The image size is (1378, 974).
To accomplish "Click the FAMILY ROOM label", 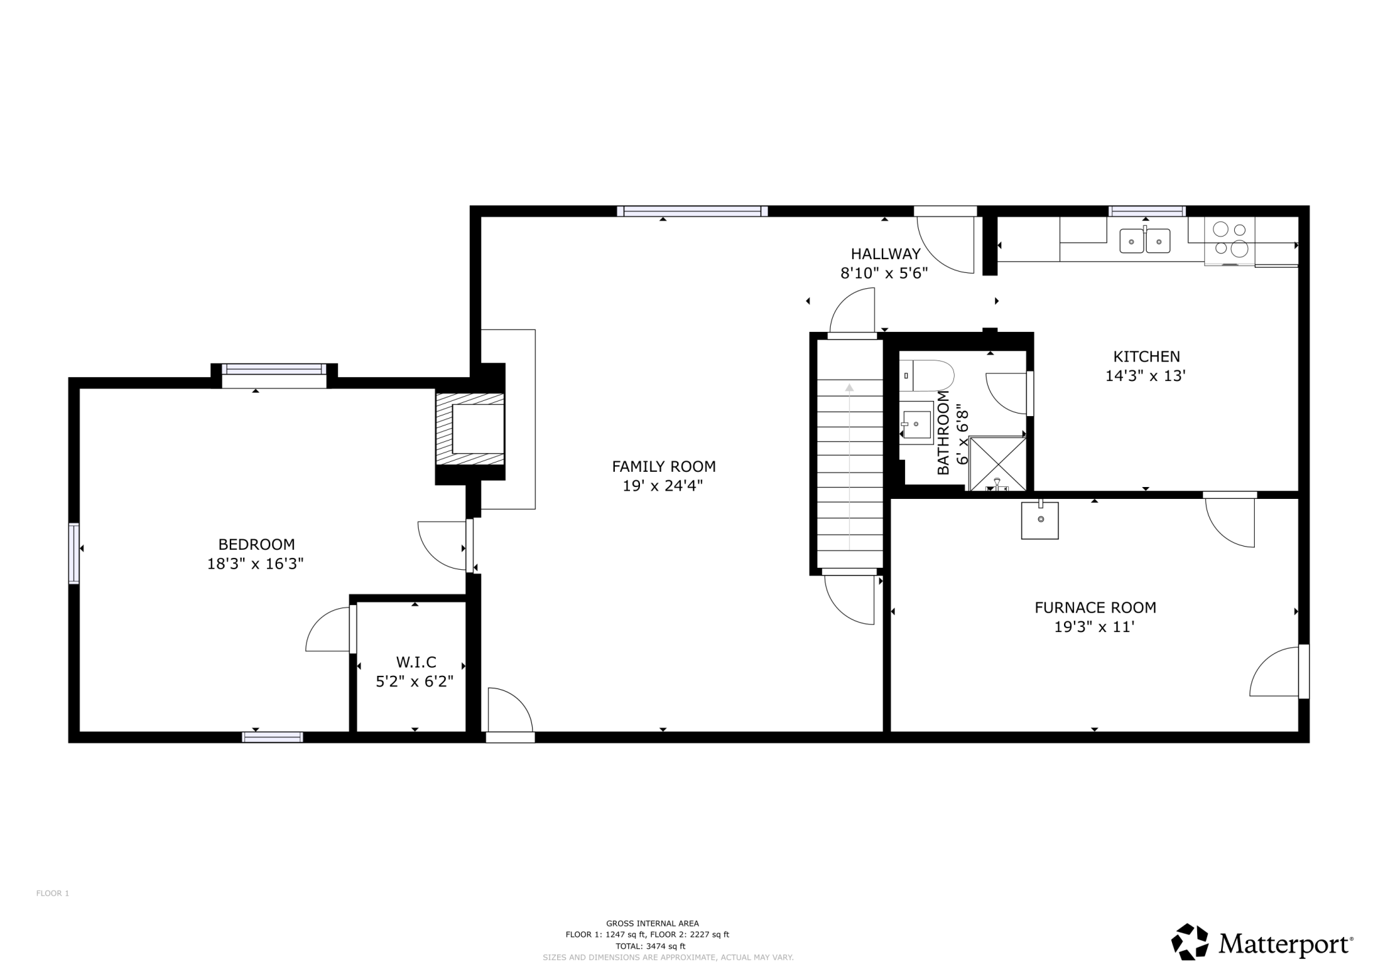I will pyautogui.click(x=663, y=466).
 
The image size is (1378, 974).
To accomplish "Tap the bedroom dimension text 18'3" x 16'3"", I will pyautogui.click(x=255, y=564).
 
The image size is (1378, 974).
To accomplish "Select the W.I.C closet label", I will pyautogui.click(x=416, y=662).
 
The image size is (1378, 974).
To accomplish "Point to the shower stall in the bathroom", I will pyautogui.click(x=997, y=463).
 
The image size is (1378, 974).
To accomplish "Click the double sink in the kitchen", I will pyautogui.click(x=1144, y=241).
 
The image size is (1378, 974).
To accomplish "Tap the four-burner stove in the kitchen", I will pyautogui.click(x=1230, y=240).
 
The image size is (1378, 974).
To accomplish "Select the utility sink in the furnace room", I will pyautogui.click(x=1039, y=520).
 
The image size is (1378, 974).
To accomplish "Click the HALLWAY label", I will pyautogui.click(x=885, y=254).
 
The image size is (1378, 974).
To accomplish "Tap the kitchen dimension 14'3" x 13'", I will pyautogui.click(x=1145, y=376).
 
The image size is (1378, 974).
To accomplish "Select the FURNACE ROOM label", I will pyautogui.click(x=1095, y=607).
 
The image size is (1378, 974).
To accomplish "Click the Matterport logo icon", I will pyautogui.click(x=1191, y=942).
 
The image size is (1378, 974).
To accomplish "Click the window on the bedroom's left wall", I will pyautogui.click(x=74, y=553).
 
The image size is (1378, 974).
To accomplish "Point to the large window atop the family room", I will pyautogui.click(x=692, y=211).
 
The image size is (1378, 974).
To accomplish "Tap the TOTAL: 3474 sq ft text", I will pyautogui.click(x=650, y=946).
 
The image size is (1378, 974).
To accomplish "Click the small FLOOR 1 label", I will pyautogui.click(x=52, y=893).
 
